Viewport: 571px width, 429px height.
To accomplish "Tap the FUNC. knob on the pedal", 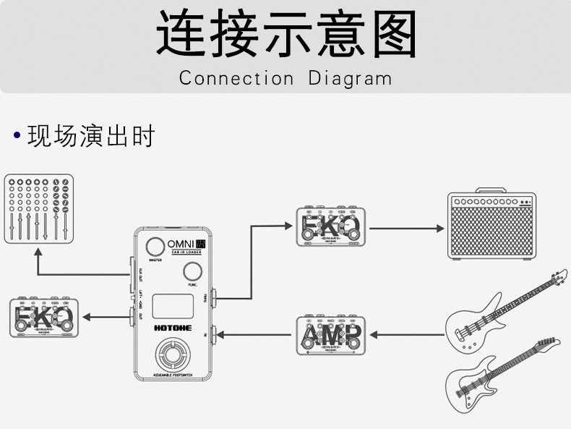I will click(x=192, y=272).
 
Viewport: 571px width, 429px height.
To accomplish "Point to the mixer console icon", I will click(x=38, y=208).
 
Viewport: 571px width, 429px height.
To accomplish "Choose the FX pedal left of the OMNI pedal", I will click(x=41, y=317).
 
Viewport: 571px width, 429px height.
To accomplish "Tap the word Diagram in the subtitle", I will click(x=350, y=78).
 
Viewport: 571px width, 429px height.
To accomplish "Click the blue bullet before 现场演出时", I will click(x=17, y=135).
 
